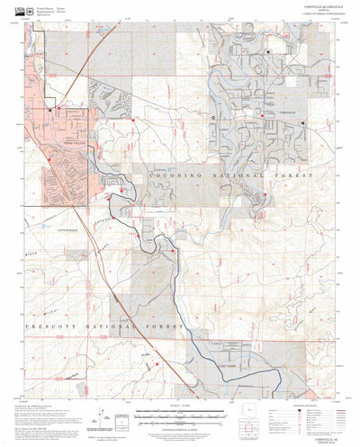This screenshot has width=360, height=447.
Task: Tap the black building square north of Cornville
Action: coord(268,53)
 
